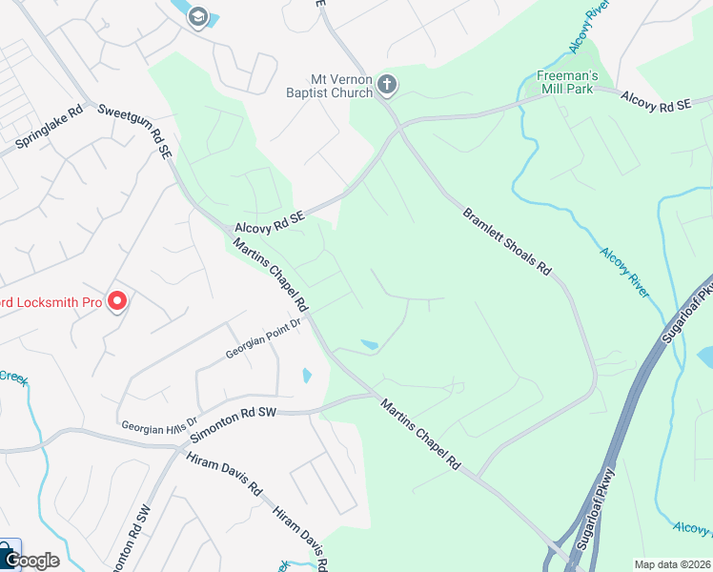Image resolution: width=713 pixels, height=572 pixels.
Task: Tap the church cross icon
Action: (x=387, y=85)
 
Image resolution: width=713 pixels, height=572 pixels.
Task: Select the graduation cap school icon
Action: (x=197, y=16)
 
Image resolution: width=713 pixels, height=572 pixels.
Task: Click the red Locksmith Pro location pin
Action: (x=117, y=301)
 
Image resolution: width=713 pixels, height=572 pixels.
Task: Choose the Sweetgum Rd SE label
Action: (x=135, y=129)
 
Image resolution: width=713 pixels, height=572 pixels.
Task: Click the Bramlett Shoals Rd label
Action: (x=507, y=241)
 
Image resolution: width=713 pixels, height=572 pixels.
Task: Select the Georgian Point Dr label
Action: (x=263, y=338)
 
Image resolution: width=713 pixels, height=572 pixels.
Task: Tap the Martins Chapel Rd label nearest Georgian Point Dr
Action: (x=273, y=276)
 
